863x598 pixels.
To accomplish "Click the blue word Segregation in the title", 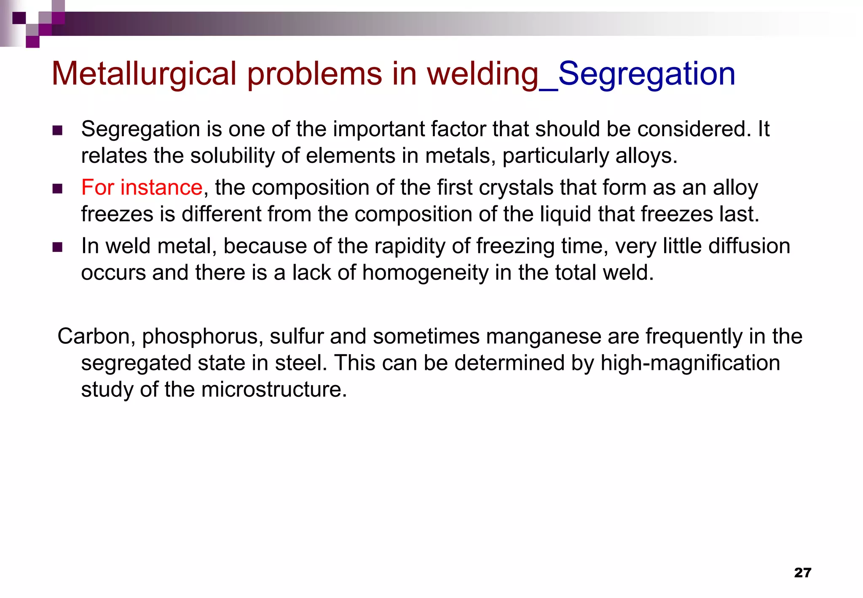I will [x=646, y=74].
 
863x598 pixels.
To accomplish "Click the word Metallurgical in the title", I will [x=144, y=74].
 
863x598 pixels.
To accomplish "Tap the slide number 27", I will [x=802, y=572].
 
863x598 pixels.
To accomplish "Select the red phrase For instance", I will [x=142, y=187].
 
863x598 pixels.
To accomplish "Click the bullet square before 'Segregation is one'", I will [x=57, y=130].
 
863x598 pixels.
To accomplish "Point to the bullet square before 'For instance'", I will [x=57, y=189].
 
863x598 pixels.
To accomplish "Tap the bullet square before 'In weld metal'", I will [x=57, y=247].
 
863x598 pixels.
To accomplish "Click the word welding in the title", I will [x=483, y=74].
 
